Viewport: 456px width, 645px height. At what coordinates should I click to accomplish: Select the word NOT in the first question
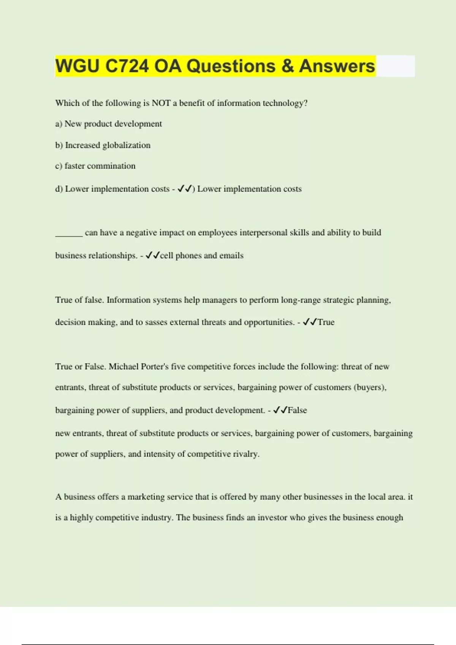(x=161, y=103)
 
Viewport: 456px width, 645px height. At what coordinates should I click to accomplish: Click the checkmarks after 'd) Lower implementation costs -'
(x=185, y=189)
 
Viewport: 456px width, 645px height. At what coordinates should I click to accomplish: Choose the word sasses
(x=156, y=322)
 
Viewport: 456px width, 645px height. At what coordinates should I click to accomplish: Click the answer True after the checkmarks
(x=326, y=322)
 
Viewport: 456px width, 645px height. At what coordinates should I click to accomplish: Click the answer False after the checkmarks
(x=297, y=411)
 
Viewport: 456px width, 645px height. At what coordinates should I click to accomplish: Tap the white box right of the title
(x=395, y=66)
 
